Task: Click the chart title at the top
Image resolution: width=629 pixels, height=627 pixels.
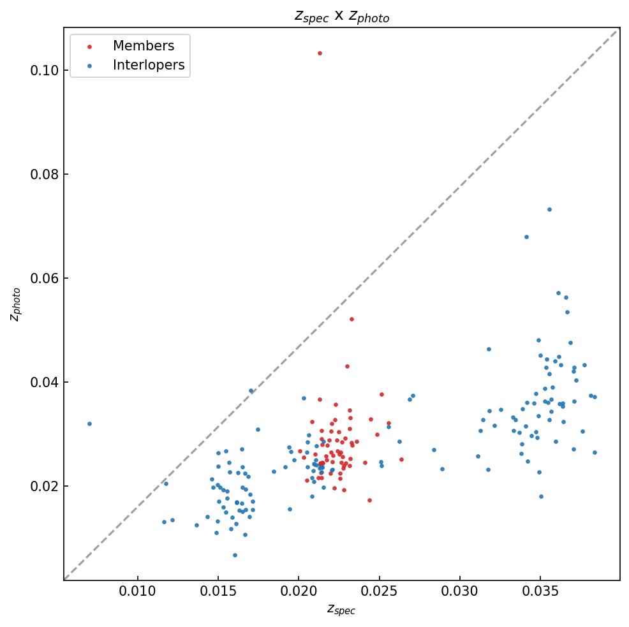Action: point(341,17)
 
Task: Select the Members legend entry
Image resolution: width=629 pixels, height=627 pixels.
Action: point(143,46)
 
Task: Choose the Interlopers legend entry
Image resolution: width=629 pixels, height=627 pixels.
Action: point(148,65)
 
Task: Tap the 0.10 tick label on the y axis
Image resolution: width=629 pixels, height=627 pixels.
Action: point(43,70)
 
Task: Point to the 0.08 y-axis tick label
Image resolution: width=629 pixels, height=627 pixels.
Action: point(43,174)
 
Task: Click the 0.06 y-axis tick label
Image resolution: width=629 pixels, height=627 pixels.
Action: point(43,278)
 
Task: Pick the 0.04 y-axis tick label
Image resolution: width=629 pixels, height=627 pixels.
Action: point(43,382)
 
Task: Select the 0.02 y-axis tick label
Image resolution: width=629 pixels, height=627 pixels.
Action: point(43,486)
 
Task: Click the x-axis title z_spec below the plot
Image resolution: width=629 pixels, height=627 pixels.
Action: point(341,610)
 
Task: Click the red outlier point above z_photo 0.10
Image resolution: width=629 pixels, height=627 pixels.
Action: point(320,53)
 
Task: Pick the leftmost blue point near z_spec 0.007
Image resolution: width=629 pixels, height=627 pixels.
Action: point(89,424)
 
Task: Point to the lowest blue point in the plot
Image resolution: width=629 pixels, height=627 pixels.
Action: point(235,555)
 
